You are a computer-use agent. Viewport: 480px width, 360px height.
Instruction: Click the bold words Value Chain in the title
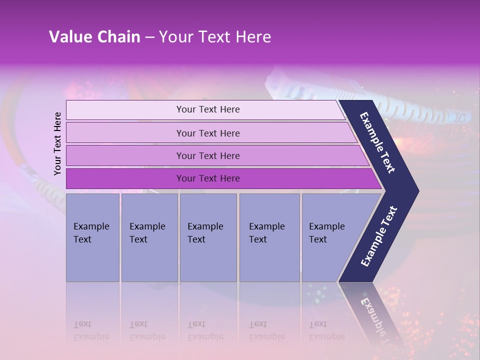tap(94, 37)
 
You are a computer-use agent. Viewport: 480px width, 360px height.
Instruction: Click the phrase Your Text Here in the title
tap(215, 37)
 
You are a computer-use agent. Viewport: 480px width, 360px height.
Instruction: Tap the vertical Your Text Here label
tap(57, 143)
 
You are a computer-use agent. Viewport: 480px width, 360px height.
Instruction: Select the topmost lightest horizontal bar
tap(207, 109)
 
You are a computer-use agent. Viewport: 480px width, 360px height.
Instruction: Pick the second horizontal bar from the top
tap(207, 133)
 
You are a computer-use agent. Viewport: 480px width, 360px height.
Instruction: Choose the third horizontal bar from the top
tap(207, 155)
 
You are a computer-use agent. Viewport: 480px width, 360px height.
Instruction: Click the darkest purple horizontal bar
tap(207, 178)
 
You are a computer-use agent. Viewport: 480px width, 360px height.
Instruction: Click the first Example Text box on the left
tap(92, 237)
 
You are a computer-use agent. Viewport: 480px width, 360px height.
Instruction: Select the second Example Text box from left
tap(149, 237)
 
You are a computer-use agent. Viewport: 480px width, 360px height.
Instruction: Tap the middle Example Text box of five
tap(207, 237)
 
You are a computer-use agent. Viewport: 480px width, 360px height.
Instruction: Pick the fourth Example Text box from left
tap(269, 237)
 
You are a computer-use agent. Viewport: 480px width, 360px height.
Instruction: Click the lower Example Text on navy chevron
tap(379, 236)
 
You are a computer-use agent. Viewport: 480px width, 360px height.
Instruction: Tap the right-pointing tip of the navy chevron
tap(416, 191)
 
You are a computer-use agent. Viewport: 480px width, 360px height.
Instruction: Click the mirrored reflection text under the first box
tap(91, 330)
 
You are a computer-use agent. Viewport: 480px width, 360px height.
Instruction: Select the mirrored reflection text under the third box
tap(205, 330)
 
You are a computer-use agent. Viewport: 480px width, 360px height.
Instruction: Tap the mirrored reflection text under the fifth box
tap(326, 330)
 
